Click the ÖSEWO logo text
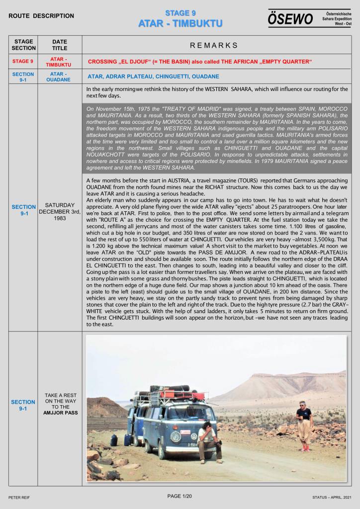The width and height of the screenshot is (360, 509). coord(291,19)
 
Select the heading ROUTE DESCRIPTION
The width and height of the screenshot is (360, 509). coord(41,16)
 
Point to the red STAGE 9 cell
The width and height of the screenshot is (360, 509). coord(22,62)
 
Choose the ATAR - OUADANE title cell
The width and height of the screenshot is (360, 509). coord(59,77)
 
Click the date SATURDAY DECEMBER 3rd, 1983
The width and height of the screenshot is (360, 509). coord(59,211)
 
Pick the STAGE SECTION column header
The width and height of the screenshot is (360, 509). coord(22,45)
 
